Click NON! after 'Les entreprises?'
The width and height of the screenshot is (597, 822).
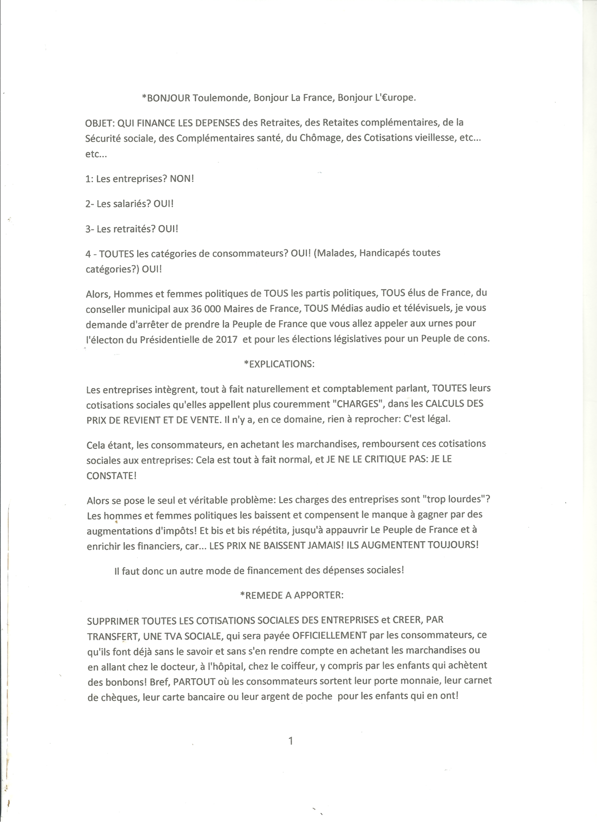coord(182,178)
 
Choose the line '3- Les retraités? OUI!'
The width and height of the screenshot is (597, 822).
coord(132,229)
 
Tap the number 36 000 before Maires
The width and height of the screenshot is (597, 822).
coord(205,308)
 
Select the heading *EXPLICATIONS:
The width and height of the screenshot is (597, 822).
coord(279,363)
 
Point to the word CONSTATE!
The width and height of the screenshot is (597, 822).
coord(111,475)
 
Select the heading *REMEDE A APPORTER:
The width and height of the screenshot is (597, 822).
coord(291,595)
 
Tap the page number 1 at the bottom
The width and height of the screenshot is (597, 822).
coord(291,741)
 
